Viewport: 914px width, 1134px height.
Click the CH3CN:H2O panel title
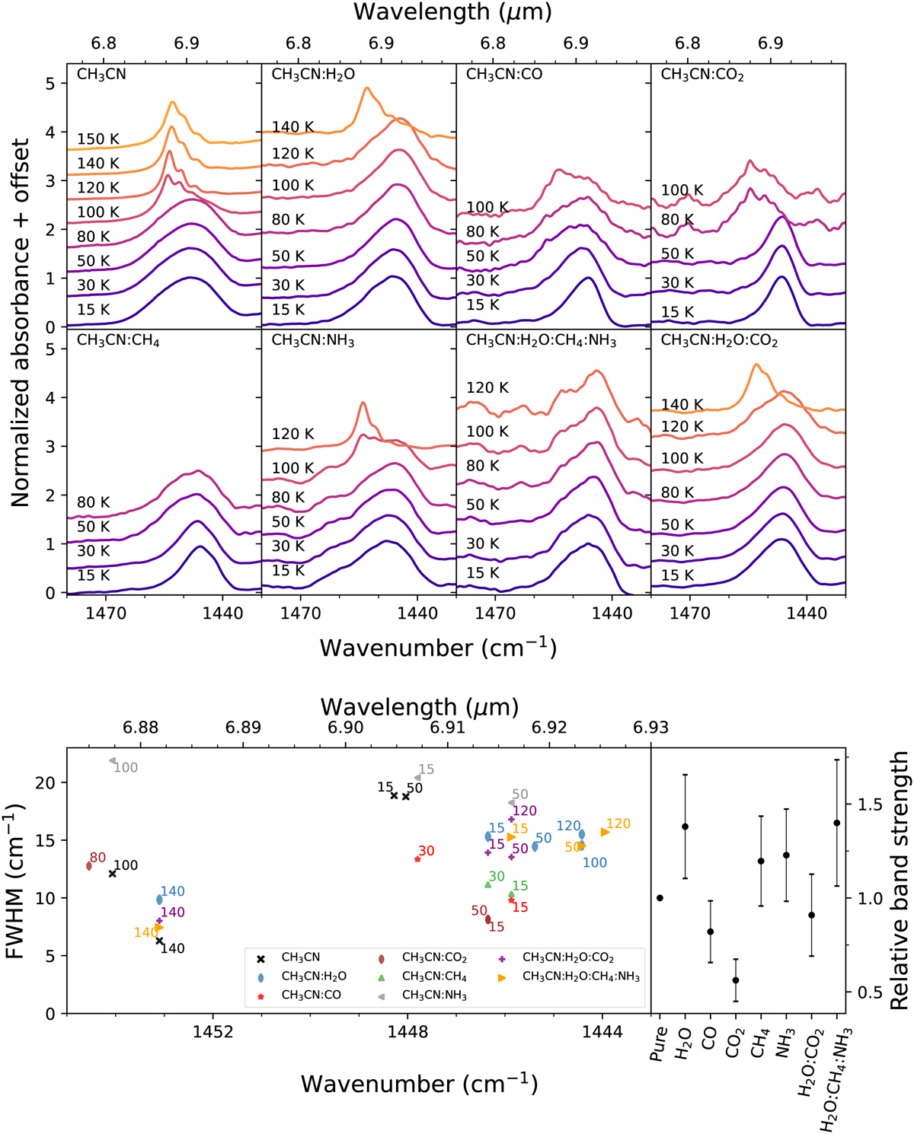click(x=313, y=75)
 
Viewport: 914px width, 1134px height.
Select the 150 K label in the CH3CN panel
click(x=98, y=139)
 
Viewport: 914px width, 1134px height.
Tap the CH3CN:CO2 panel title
click(x=702, y=75)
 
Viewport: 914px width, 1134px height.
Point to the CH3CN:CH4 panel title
click(x=118, y=341)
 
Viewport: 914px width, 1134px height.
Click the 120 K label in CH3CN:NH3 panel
click(x=293, y=434)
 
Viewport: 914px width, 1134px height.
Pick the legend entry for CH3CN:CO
click(x=311, y=995)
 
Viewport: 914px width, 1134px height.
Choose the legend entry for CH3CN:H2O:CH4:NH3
click(x=580, y=976)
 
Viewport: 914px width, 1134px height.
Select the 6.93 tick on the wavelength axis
click(x=651, y=727)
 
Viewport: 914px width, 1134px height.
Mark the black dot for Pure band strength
click(x=660, y=898)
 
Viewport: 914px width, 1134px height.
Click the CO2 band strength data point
click(x=736, y=980)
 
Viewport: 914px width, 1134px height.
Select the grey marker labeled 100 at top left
click(x=113, y=760)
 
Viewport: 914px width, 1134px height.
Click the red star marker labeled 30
click(x=417, y=859)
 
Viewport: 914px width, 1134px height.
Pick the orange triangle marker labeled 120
click(x=606, y=832)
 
